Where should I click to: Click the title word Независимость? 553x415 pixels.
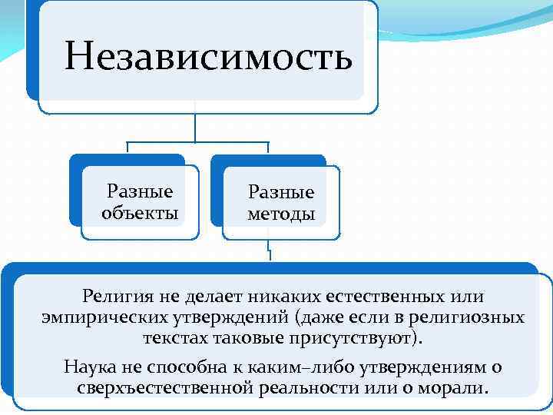208,56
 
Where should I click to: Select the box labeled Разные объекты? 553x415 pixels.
139,201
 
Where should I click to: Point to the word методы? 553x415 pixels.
281,214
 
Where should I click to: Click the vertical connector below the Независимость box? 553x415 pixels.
197,127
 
